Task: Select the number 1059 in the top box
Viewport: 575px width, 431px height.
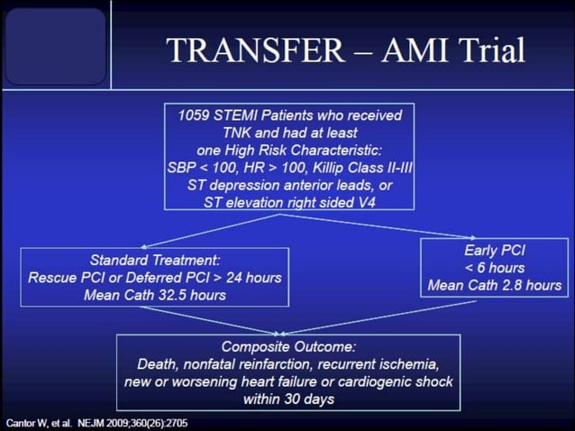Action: click(x=196, y=115)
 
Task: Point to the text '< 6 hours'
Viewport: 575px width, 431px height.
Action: click(x=495, y=269)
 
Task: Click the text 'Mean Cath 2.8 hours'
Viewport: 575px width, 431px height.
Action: click(x=495, y=286)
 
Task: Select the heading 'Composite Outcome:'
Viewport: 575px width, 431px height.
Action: click(x=287, y=346)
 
